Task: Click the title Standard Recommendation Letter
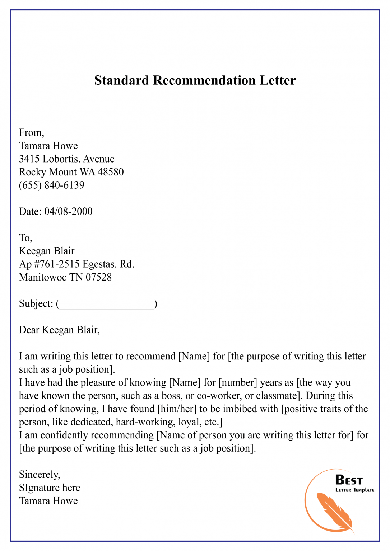pos(195,80)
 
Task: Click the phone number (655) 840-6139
pos(52,185)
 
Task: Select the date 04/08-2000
pos(68,211)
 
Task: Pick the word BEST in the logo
pos(349,480)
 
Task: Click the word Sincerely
pos(40,475)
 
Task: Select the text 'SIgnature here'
pos(50,488)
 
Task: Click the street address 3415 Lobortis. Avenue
pos(67,159)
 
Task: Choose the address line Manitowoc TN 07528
pos(65,277)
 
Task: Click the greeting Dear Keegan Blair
pos(59,330)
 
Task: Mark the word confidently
pos(73,435)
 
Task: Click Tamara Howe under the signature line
pos(48,501)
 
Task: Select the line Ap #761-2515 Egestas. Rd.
pos(76,264)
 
